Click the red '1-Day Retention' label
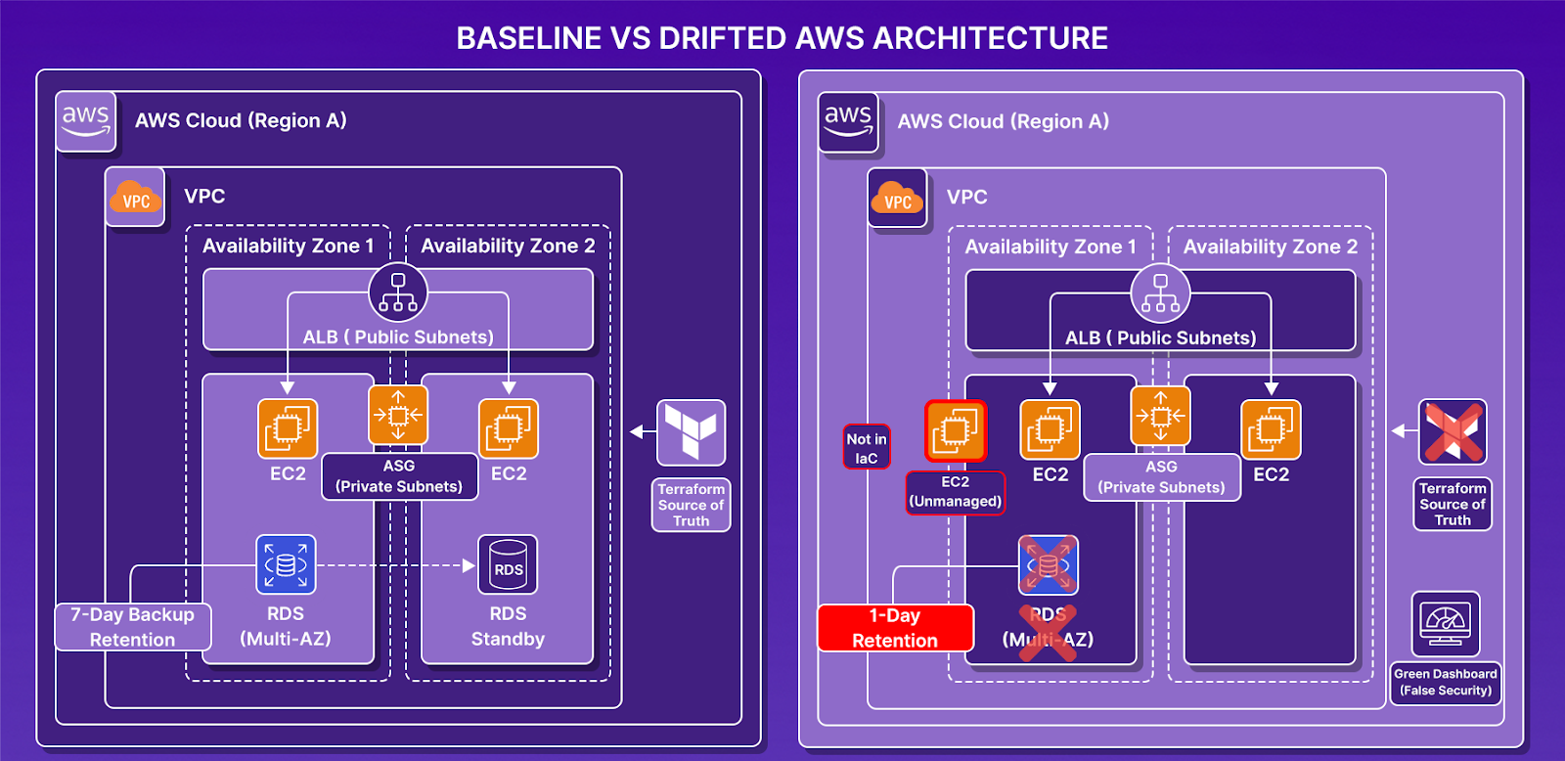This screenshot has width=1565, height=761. [895, 628]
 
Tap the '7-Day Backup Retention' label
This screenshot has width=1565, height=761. [133, 627]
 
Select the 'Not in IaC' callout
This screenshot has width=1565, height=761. [867, 447]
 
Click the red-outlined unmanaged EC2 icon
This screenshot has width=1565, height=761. [956, 430]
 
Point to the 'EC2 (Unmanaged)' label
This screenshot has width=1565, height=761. [955, 492]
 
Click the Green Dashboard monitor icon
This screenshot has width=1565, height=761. [1446, 624]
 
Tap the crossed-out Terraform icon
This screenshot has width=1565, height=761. [1453, 431]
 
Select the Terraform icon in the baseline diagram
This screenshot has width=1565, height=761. [691, 432]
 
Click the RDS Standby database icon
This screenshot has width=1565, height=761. [508, 564]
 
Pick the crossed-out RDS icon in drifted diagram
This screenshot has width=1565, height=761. [1048, 565]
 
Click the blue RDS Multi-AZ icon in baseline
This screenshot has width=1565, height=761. [286, 564]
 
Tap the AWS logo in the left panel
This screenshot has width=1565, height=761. [86, 121]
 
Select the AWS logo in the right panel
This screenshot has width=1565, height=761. [848, 122]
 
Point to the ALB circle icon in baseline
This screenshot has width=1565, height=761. [397, 292]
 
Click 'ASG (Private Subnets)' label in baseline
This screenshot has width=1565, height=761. [399, 476]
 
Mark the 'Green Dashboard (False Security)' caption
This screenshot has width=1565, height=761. [1446, 682]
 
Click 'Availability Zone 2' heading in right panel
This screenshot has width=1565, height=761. [1271, 247]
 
